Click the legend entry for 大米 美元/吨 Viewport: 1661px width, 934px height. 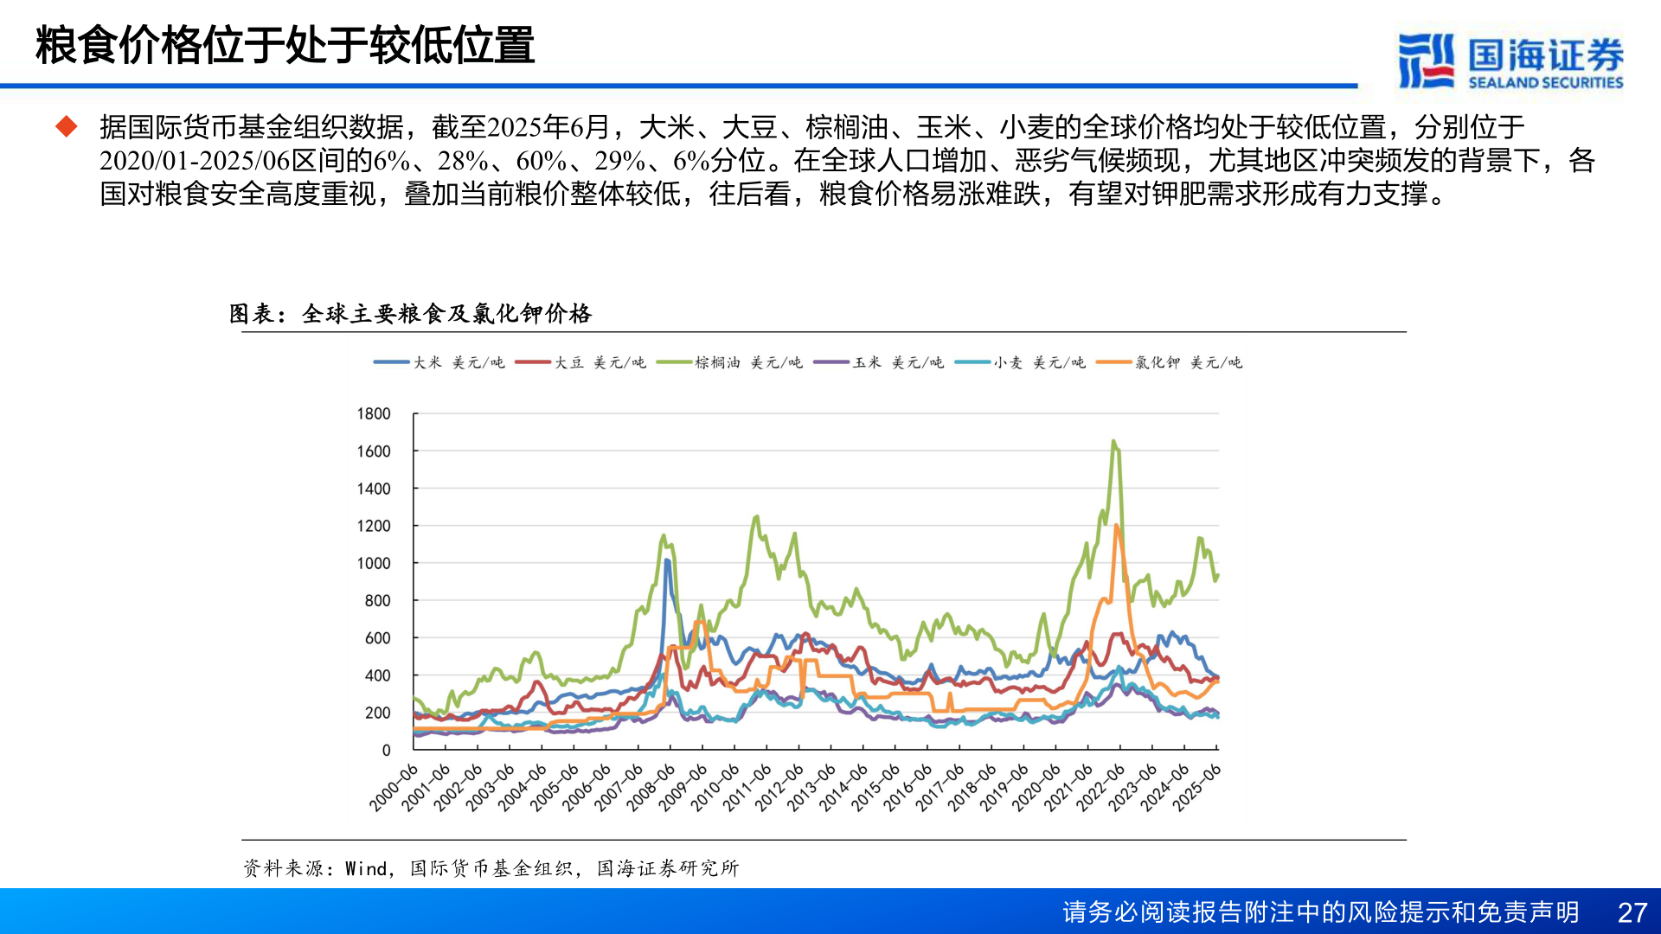(x=439, y=362)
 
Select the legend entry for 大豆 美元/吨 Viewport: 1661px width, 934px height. (x=580, y=362)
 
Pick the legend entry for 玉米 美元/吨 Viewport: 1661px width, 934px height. (x=879, y=362)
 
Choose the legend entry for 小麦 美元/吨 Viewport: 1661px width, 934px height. (x=1020, y=362)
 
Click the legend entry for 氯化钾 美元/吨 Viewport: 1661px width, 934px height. (x=1170, y=362)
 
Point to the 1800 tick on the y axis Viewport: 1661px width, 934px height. (x=374, y=414)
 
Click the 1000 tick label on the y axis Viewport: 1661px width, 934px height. (x=374, y=563)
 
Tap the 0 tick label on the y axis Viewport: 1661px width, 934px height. (x=386, y=751)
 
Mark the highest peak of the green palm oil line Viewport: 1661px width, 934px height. (x=1113, y=441)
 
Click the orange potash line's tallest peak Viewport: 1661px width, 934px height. (x=1117, y=525)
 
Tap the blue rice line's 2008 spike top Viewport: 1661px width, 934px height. (x=666, y=560)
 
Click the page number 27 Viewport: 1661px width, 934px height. (x=1632, y=912)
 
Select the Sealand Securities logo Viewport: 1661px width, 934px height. (x=1510, y=61)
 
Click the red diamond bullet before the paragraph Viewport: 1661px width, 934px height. (x=67, y=127)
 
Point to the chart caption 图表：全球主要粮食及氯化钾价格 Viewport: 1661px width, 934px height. (x=410, y=313)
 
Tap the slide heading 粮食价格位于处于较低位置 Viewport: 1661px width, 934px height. (x=285, y=46)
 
